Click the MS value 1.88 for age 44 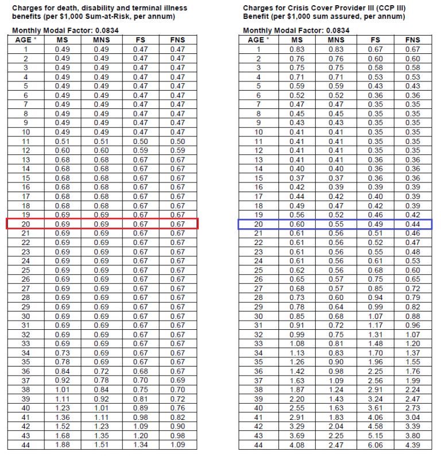62,445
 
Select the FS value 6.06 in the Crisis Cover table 376,445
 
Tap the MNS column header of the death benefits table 101,40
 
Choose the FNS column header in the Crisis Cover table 412,40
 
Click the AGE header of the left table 25,40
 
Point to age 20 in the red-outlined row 26,224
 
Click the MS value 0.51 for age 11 62,141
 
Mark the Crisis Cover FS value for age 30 376,316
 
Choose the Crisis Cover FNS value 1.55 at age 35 412,362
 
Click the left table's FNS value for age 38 178,389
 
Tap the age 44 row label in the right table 258,445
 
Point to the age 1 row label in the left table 26,49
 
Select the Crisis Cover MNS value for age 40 336,408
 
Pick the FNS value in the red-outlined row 178,224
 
